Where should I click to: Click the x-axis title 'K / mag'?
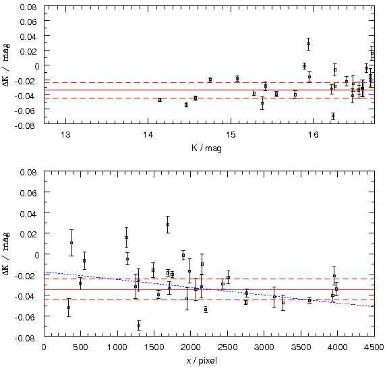[x=206, y=148]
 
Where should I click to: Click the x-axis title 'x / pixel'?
[x=202, y=361]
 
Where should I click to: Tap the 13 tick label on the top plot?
[x=65, y=135]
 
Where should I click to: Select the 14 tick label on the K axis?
[x=148, y=135]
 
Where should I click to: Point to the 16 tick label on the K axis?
[x=313, y=135]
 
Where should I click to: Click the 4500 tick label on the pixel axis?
[x=374, y=347]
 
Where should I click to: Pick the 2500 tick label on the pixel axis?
[x=227, y=347]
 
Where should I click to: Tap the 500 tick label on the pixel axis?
[x=80, y=347]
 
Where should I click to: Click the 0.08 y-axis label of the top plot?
[x=28, y=7]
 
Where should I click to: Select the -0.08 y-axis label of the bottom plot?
[x=26, y=339]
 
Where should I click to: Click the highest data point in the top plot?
[x=308, y=44]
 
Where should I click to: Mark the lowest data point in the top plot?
[x=333, y=116]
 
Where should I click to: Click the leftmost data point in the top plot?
[x=160, y=100]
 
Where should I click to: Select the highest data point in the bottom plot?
[x=168, y=225]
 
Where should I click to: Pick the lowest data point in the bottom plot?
[x=139, y=326]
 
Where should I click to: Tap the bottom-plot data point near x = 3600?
[x=309, y=300]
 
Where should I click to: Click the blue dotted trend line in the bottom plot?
[x=209, y=289]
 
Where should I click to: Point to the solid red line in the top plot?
[x=209, y=90]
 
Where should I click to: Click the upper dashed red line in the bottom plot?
[x=209, y=279]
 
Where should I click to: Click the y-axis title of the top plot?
[x=6, y=65]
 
